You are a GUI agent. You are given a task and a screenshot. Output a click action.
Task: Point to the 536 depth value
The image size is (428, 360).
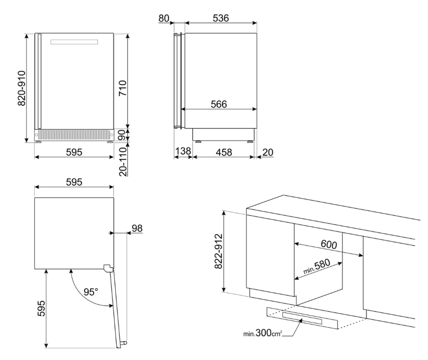point(221,18)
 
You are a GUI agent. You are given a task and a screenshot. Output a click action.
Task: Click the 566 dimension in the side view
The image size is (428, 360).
point(218,104)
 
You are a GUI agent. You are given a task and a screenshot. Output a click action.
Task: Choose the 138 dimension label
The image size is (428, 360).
point(183,152)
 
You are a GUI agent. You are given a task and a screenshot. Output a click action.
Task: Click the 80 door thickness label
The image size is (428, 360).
point(164,18)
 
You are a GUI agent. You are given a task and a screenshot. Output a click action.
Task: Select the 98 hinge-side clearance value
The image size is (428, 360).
point(137,228)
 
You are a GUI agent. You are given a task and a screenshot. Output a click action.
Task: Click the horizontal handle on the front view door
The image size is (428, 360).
point(74,42)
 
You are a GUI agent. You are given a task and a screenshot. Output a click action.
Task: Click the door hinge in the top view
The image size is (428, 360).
point(107,268)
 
